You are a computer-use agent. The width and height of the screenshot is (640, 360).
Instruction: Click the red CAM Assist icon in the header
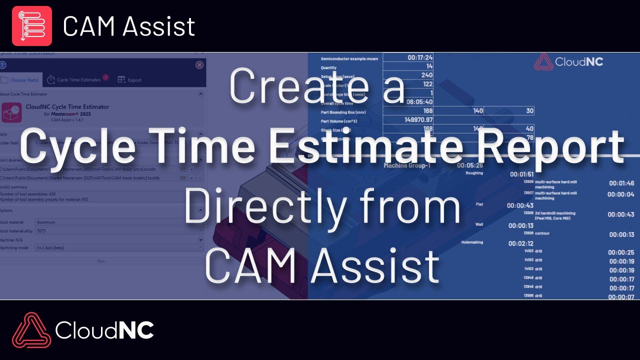pos(32,26)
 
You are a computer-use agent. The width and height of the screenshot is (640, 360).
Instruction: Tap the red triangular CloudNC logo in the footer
pos(31,330)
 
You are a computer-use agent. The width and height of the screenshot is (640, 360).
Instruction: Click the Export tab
pos(129,80)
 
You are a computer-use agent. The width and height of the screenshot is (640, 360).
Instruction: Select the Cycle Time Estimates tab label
pos(78,80)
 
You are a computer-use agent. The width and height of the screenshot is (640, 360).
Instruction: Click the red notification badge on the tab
pos(105,77)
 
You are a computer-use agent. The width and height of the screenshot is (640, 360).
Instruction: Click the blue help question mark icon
pos(2,65)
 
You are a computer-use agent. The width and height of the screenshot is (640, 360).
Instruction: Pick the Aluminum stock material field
pos(119,221)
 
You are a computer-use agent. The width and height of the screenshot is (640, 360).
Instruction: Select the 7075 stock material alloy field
pos(119,230)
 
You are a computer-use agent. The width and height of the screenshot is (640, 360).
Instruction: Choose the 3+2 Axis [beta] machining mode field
pos(119,247)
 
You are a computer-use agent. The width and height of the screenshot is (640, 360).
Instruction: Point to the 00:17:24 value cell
pos(420,58)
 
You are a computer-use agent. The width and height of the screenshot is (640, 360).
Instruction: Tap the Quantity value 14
pos(429,66)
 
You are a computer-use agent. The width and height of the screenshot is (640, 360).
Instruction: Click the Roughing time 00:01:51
pos(522,174)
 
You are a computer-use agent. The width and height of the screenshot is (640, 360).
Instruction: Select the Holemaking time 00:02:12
pos(520,243)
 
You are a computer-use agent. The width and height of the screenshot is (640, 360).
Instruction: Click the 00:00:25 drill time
pos(621,252)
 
